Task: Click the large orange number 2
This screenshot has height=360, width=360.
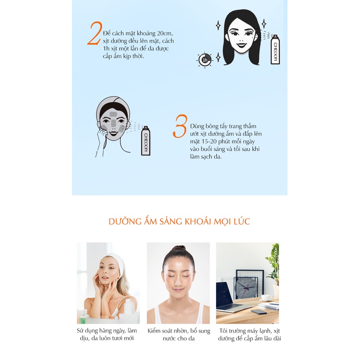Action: coord(95,33)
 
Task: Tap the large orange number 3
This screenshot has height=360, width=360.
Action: coord(180,126)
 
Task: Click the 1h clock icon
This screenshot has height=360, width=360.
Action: coord(205,60)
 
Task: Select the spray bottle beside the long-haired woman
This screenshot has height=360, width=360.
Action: coord(275,49)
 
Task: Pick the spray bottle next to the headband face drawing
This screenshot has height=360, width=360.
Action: coord(146,140)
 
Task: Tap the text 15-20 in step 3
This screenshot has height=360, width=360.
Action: coord(208,141)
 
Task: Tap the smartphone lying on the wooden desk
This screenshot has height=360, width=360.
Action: coord(259,311)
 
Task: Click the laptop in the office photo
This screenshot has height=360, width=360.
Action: coord(231,298)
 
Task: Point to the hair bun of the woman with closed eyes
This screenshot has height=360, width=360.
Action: coord(178,248)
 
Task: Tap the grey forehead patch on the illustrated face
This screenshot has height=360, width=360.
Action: coord(113,114)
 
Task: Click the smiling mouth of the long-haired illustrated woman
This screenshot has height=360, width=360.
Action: coord(242,44)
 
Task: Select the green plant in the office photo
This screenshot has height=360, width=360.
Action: coord(274,264)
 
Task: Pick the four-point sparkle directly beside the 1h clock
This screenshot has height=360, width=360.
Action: coord(218,57)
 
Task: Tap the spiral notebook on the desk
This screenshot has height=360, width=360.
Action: coord(268,306)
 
